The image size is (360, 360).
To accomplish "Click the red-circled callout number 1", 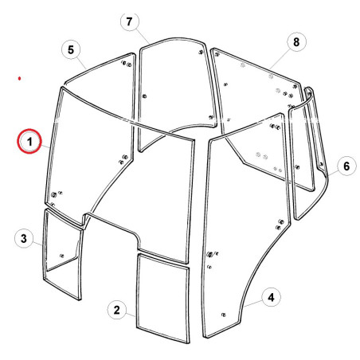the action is coord(29,141).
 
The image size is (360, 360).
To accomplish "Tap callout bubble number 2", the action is coord(117,310).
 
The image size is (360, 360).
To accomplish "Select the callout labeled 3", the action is coord(24,238).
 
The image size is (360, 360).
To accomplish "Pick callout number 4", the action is coord(271,297).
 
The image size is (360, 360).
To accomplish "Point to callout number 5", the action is coord(71,49).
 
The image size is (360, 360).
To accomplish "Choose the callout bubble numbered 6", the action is coord(346,166).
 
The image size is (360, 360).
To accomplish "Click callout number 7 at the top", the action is coord(130,22).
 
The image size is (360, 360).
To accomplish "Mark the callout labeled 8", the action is coord(296,41).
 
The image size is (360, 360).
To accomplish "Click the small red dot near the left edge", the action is coord(19,78).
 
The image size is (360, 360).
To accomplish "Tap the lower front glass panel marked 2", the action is coord(163,298).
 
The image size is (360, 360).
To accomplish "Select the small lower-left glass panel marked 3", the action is coord(62,254).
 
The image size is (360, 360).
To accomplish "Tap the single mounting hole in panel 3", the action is coord(62,256).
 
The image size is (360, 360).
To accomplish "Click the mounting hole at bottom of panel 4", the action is coord(223,315).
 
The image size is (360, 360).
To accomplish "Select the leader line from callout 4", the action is coord(253,303).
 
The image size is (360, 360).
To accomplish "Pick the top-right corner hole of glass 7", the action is coord(201,52).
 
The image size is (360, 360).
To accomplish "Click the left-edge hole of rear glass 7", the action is coord(144,96).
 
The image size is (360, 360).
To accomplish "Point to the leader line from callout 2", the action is coord(131,315).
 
